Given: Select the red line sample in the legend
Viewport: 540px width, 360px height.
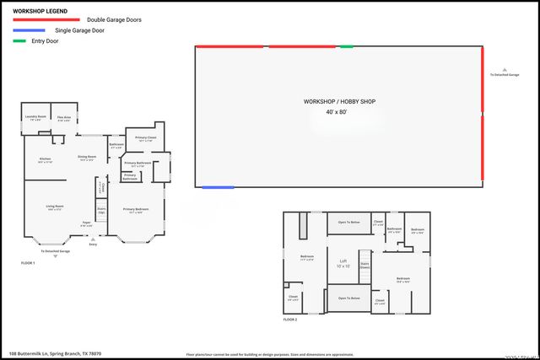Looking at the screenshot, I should (46, 19).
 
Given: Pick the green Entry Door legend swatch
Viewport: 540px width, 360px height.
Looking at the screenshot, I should (19, 40).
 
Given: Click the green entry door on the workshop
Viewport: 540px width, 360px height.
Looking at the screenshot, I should (346, 46).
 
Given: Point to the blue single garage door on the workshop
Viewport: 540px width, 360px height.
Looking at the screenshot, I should (218, 186).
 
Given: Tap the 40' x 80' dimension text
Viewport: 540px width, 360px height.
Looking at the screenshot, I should (337, 111).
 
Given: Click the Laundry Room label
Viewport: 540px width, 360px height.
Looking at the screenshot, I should (36, 117).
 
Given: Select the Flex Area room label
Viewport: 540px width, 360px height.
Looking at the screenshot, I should (64, 118).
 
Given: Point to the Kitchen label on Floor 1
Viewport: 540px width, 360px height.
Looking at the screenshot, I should (45, 159).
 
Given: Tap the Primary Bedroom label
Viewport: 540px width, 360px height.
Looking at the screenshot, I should (135, 210).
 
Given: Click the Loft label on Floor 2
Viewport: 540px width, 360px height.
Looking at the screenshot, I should (343, 261).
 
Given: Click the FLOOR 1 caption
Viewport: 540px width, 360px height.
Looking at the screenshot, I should (28, 263).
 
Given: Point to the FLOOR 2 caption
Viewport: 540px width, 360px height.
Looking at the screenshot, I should (290, 320).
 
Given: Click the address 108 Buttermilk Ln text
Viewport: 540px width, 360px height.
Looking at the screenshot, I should (55, 353).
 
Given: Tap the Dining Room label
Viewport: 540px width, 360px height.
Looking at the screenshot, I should (86, 158).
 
